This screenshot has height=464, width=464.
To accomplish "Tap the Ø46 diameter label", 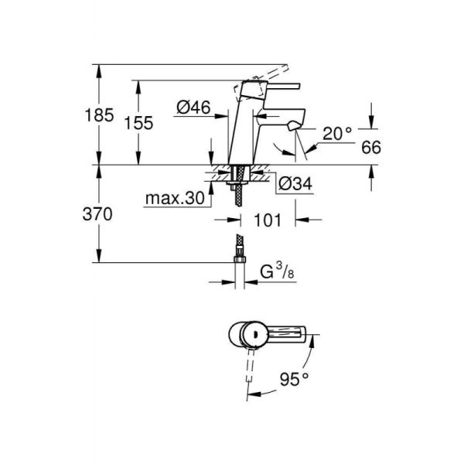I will tap(193, 108).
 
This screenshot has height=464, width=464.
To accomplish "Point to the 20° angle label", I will tap(337, 133).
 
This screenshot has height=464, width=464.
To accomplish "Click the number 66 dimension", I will tap(371, 147).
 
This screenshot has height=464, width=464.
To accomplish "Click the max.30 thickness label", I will tap(177, 199).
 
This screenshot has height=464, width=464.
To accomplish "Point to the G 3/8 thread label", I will tap(275, 271).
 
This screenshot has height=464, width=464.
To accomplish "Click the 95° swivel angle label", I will tap(295, 378).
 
